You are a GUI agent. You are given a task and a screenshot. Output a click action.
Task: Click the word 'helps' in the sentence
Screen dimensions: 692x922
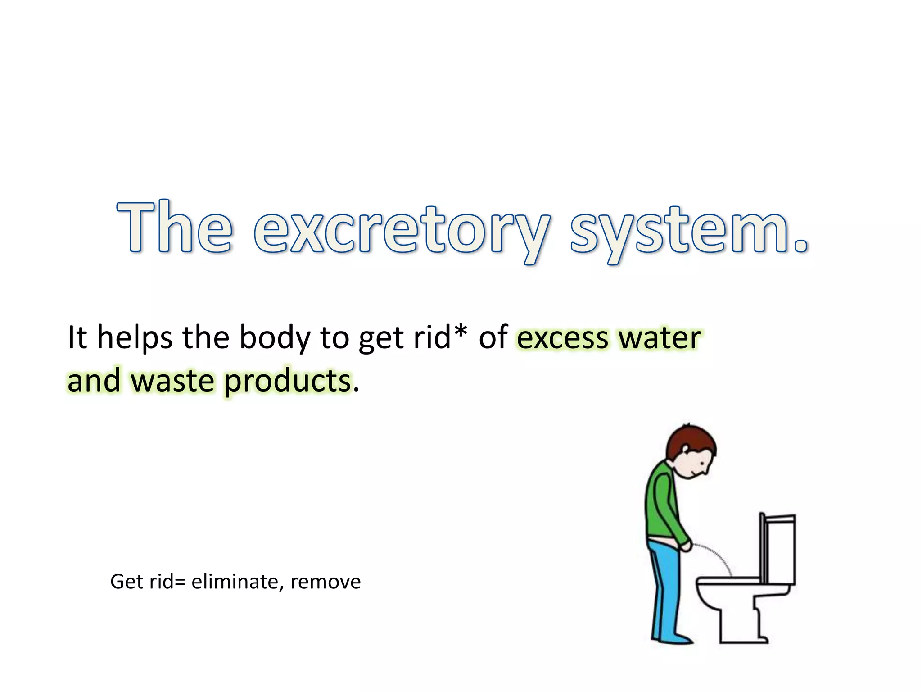coord(134,337)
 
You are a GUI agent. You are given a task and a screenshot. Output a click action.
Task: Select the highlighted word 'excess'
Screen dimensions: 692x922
coord(562,339)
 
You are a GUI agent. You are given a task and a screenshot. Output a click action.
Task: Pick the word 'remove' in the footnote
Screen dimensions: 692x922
coord(325,582)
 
